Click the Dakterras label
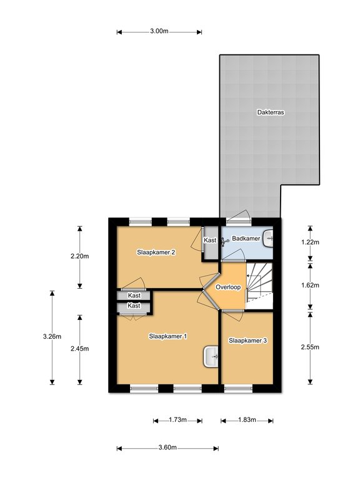tap(271, 112)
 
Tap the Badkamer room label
tap(246, 239)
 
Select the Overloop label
tap(228, 287)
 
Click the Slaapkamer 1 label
tap(168, 336)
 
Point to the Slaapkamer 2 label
tap(156, 252)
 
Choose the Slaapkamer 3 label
tap(248, 341)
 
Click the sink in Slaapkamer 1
tap(211, 357)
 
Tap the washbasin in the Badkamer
tap(268, 238)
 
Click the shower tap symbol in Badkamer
tap(225, 242)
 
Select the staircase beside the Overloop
tap(259, 286)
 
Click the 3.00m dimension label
tap(159, 31)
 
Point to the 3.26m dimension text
tap(52, 336)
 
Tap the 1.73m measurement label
tap(178, 420)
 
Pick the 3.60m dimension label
tap(167, 447)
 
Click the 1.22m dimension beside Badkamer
tap(310, 242)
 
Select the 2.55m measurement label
tap(310, 347)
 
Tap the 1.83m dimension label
tap(247, 420)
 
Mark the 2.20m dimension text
tap(79, 256)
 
